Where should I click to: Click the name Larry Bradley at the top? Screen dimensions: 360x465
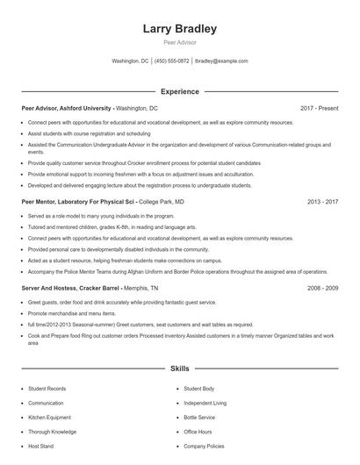tap(179, 29)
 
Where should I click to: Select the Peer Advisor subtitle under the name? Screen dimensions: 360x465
tap(179, 41)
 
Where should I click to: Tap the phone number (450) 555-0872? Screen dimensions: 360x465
tap(172, 61)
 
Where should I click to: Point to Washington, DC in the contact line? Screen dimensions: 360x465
tap(130, 61)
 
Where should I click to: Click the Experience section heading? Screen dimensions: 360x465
tap(179, 91)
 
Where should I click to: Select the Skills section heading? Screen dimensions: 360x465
tap(179, 370)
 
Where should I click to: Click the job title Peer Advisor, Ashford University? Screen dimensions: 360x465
tap(67, 108)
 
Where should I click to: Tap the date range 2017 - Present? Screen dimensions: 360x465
tap(319, 108)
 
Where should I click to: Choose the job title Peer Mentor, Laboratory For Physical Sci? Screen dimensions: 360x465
tap(80, 201)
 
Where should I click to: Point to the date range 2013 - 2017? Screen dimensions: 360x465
tap(322, 201)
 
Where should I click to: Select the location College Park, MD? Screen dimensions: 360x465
tap(162, 201)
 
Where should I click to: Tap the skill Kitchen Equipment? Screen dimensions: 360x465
tap(51, 418)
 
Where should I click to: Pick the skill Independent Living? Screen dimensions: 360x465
tap(205, 403)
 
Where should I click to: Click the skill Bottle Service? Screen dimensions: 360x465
tap(199, 418)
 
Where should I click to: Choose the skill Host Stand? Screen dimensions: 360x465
tap(41, 446)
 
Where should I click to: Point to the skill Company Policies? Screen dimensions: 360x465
tap(204, 446)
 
